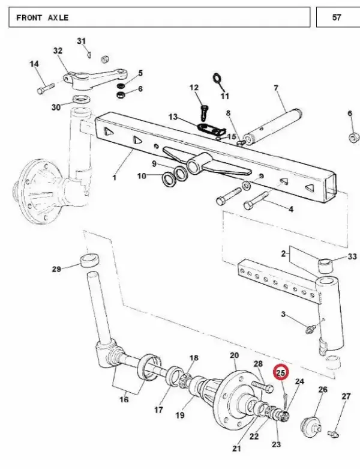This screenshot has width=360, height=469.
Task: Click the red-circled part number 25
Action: click(281, 373)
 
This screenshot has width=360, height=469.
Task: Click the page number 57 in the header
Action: click(337, 17)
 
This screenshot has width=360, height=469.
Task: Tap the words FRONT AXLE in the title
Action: click(43, 17)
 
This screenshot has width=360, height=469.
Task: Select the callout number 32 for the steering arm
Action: click(58, 50)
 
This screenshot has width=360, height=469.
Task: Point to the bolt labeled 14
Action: click(46, 88)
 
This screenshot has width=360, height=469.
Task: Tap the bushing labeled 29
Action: click(89, 260)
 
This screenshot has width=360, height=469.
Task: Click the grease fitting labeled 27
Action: click(333, 433)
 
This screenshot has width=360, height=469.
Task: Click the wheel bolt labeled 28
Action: click(262, 387)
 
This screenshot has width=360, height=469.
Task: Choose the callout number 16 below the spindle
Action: click(124, 399)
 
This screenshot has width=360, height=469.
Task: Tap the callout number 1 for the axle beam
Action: click(114, 177)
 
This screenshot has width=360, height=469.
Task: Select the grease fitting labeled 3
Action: click(310, 329)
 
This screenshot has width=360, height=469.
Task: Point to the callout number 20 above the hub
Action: click(234, 356)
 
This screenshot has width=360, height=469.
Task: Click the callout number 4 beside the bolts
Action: click(290, 209)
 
